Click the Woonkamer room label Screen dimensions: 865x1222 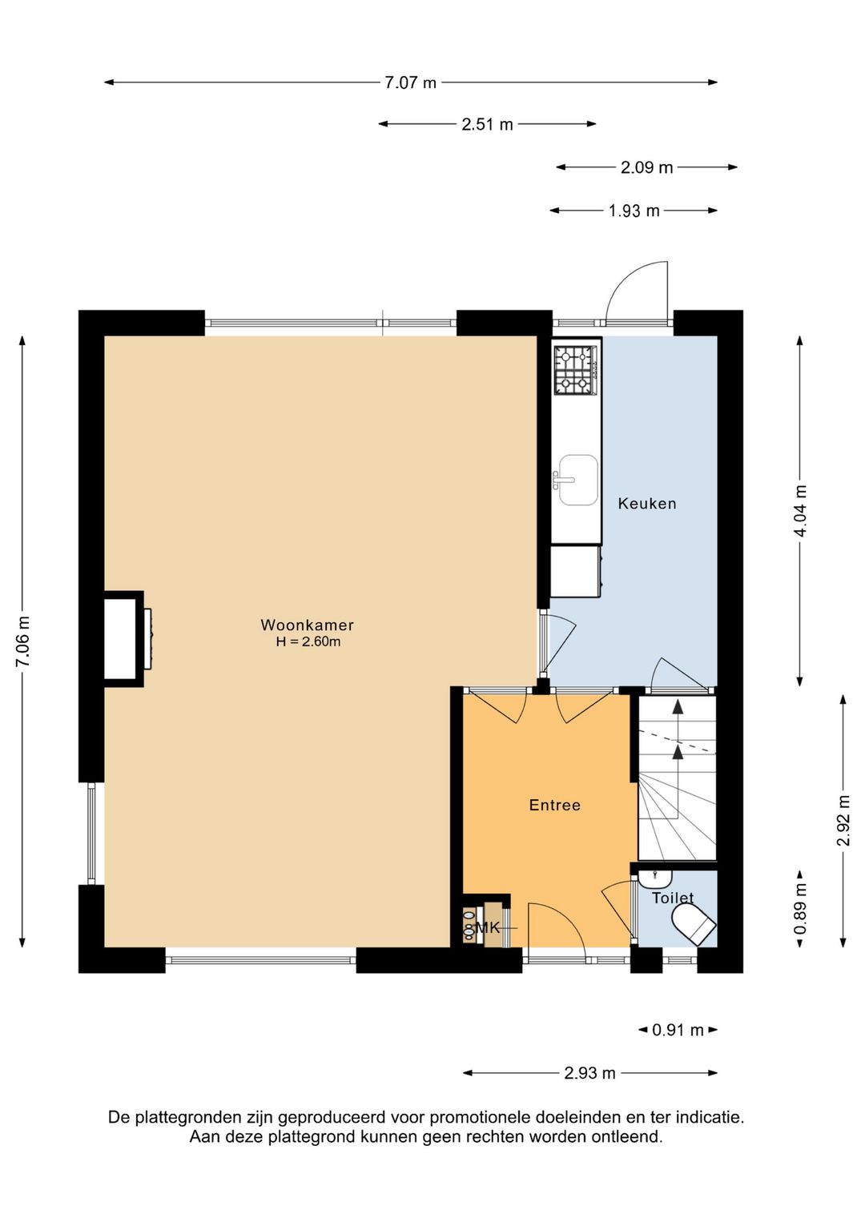(308, 625)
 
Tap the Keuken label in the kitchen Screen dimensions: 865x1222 (647, 504)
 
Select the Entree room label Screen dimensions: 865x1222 (555, 806)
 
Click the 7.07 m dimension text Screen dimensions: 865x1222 (410, 83)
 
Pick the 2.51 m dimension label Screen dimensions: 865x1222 (487, 125)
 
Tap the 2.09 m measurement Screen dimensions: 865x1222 (646, 167)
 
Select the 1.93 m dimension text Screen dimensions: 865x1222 (634, 211)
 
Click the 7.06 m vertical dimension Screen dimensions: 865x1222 (23, 641)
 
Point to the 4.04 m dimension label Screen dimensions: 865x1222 (801, 511)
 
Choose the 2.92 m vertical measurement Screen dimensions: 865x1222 (843, 821)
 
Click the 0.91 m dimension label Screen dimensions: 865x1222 (678, 1030)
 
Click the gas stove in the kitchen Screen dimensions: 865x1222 (576, 369)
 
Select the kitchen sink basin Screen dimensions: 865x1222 (578, 480)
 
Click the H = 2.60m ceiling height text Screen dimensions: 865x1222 (308, 641)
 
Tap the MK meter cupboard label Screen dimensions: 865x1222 (488, 927)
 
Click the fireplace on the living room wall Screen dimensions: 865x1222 (127, 639)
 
